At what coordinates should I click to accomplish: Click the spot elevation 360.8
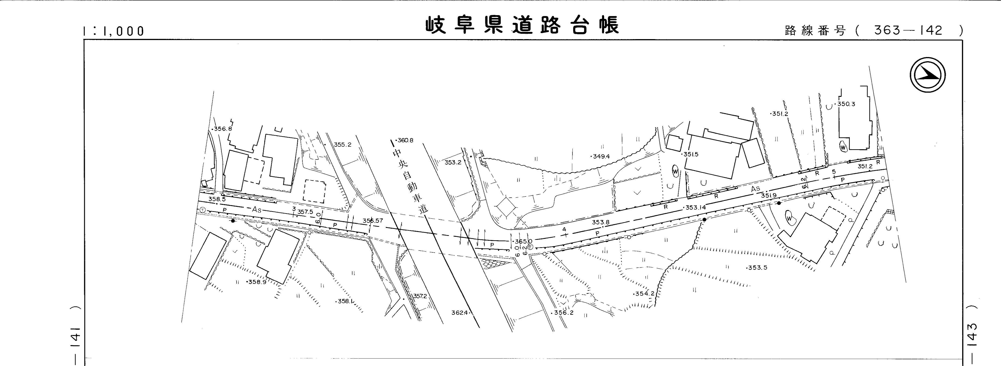(405, 140)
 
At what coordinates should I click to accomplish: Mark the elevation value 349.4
(601, 157)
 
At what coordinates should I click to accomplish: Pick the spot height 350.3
(846, 104)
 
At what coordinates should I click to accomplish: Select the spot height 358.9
(257, 282)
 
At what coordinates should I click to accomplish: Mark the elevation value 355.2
(342, 145)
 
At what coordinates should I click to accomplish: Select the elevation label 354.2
(644, 294)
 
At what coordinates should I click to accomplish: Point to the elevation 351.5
(690, 154)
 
